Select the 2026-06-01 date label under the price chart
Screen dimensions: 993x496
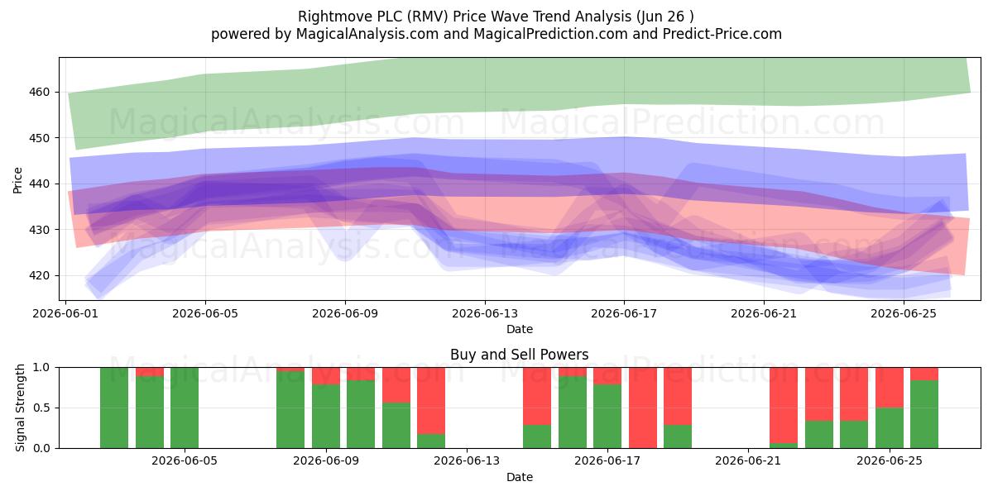tap(65, 313)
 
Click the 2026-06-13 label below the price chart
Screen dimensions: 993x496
tap(485, 313)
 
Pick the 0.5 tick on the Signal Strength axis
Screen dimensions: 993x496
tap(41, 408)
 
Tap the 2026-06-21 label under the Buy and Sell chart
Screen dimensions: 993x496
tap(748, 460)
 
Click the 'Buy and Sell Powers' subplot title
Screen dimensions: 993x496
tap(520, 355)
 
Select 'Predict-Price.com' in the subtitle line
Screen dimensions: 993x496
tap(722, 34)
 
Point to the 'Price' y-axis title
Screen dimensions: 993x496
tap(17, 180)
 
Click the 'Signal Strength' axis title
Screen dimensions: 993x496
tap(20, 408)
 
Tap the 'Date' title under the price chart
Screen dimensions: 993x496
tap(520, 329)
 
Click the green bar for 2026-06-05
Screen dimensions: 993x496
tap(185, 408)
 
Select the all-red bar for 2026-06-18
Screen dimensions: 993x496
tap(643, 408)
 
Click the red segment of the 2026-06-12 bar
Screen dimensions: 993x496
tap(431, 401)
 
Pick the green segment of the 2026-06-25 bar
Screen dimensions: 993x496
tap(890, 428)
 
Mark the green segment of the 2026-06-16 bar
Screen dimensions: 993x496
tap(573, 412)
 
